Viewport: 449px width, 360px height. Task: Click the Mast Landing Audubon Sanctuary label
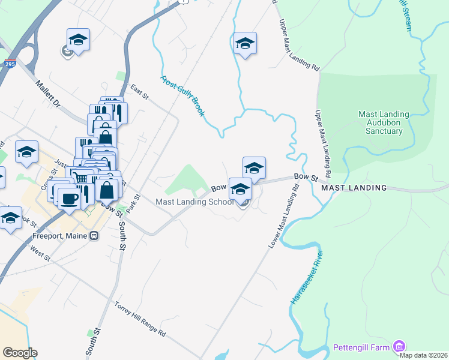coord(384,122)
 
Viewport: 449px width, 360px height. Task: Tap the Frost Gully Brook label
coord(184,95)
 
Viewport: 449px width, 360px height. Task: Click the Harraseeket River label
coord(307,277)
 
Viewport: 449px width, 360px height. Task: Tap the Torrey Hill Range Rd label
coord(139,318)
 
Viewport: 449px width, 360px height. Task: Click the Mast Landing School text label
coord(194,202)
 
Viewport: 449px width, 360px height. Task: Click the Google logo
coord(20,353)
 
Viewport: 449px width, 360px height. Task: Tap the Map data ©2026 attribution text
coord(424,355)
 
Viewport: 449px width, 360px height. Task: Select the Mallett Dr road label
coord(48,95)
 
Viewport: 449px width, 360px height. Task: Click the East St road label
coord(139,91)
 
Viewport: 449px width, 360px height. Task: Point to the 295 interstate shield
coord(10,63)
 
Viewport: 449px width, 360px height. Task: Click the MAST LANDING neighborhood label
coord(354,188)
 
